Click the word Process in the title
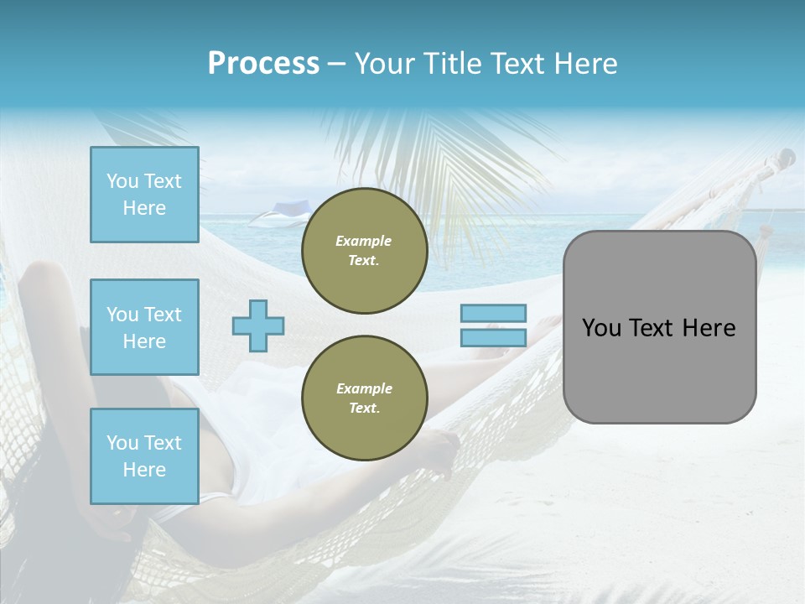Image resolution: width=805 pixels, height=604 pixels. click(263, 64)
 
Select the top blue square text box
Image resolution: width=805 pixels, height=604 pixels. click(144, 195)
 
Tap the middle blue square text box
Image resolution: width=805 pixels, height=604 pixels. click(144, 327)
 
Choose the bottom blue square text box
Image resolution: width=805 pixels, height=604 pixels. click(144, 456)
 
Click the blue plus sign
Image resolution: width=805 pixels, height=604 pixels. click(258, 325)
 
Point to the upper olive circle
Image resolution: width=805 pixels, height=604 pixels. click(364, 251)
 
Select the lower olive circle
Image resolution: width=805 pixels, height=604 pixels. click(364, 398)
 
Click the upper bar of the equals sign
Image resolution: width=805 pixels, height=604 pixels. click(493, 314)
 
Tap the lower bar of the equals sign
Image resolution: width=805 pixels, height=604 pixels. click(493, 337)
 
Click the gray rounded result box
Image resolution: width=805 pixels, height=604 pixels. click(659, 369)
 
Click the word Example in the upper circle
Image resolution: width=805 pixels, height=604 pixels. click(364, 241)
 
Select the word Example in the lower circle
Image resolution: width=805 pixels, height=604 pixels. click(364, 388)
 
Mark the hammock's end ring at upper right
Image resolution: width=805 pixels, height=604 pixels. click(786, 156)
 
